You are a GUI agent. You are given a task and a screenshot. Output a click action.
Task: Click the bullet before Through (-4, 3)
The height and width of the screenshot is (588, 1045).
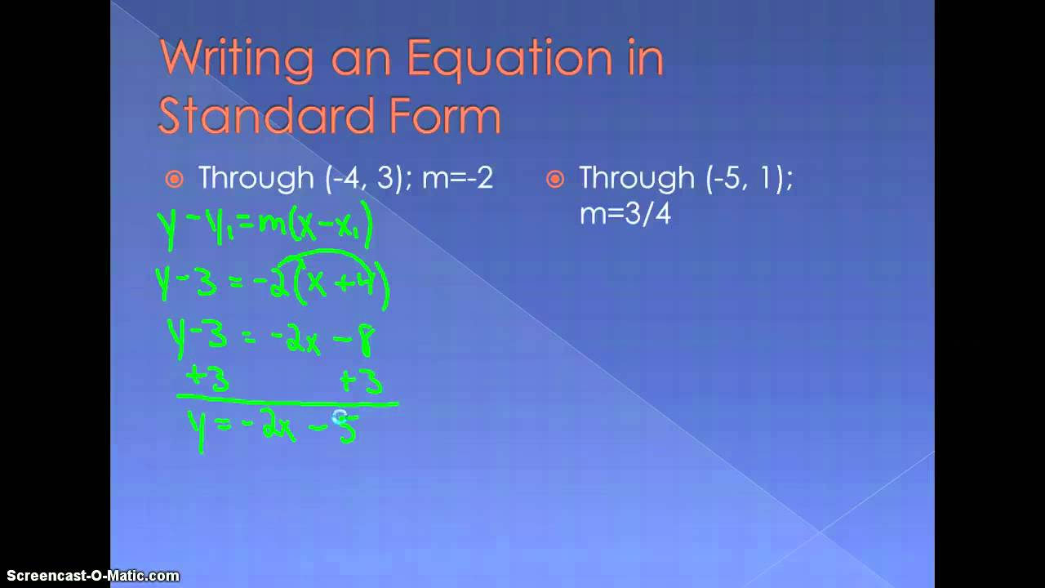174,179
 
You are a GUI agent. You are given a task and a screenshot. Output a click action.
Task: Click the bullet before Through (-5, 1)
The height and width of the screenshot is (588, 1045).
555,179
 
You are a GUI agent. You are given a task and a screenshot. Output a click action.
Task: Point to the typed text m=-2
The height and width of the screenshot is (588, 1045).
457,178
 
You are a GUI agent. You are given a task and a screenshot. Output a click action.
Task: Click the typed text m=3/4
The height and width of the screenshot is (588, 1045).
625,215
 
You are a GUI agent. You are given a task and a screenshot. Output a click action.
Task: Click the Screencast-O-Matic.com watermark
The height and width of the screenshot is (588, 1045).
90,576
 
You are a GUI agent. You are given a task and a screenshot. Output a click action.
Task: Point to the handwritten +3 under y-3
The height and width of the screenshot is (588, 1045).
207,380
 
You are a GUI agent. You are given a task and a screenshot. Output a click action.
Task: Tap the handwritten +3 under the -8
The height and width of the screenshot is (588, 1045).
360,381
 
